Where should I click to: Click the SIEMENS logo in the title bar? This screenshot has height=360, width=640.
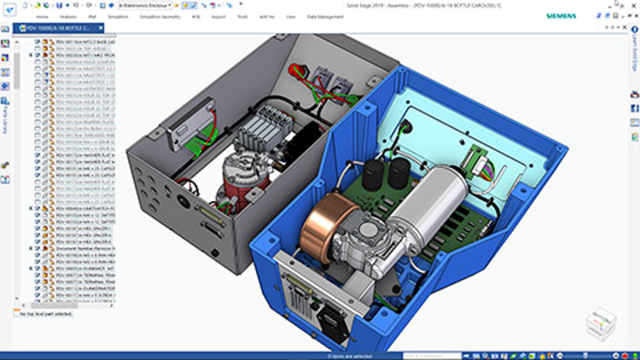[x=560, y=15]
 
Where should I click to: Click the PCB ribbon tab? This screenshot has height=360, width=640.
[x=195, y=16]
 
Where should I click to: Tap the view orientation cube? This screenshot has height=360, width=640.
[x=602, y=322]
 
